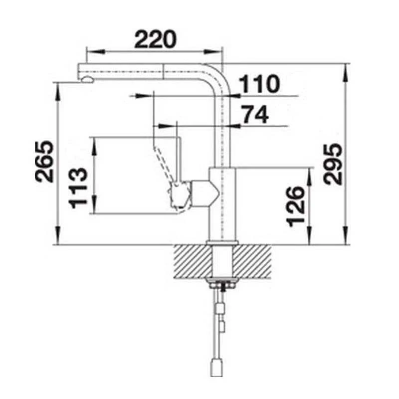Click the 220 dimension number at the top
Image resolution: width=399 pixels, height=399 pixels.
pyautogui.click(x=156, y=39)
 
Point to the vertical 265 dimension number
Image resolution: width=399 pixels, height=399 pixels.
pyautogui.click(x=43, y=161)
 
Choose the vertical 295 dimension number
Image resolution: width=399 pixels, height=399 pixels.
pyautogui.click(x=332, y=165)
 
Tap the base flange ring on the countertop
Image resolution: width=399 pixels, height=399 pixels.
pyautogui.click(x=221, y=243)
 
